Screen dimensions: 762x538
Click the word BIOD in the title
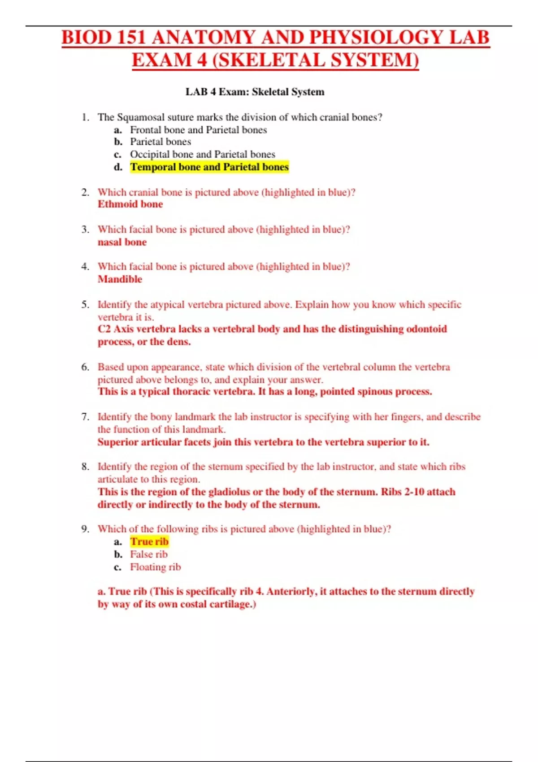tap(87, 38)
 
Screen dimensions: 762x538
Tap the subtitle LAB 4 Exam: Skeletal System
tap(255, 92)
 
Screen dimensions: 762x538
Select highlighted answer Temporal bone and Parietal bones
tap(209, 167)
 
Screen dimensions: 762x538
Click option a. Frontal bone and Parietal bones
tap(198, 130)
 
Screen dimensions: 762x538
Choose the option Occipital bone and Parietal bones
tap(202, 154)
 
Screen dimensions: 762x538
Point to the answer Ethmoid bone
tap(130, 204)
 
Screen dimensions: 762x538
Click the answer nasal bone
tap(122, 242)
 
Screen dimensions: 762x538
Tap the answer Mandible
tap(120, 279)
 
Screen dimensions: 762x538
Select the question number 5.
tap(85, 305)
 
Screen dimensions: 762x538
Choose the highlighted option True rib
tap(149, 542)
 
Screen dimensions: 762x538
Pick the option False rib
tap(148, 554)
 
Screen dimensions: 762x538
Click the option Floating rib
tap(155, 567)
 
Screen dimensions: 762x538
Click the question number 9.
tap(85, 529)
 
